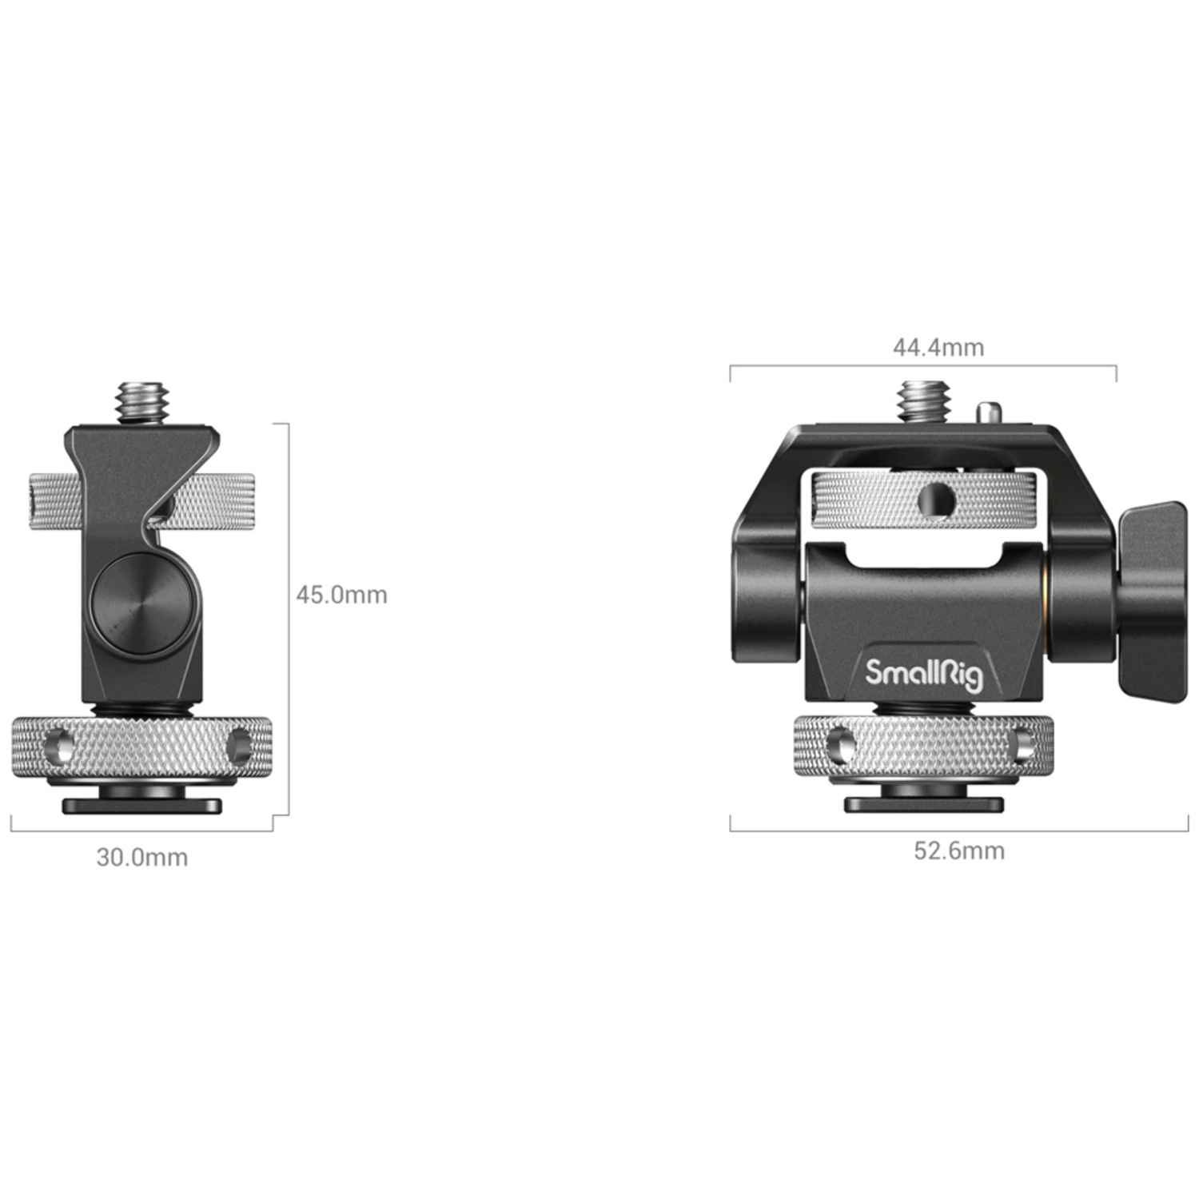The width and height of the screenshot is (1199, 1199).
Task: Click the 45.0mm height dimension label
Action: click(341, 595)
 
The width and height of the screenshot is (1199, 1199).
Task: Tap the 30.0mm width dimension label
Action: click(142, 858)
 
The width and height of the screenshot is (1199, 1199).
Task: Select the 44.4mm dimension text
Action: click(938, 348)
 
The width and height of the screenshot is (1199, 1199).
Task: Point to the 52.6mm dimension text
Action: click(959, 850)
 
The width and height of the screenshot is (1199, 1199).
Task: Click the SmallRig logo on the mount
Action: click(923, 674)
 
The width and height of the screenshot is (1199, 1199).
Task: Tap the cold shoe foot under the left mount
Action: click(142, 805)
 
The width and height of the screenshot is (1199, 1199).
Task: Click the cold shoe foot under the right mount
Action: click(924, 804)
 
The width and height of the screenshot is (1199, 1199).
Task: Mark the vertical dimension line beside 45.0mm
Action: click(287, 619)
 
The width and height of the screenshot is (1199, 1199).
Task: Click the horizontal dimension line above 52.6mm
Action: click(959, 831)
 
